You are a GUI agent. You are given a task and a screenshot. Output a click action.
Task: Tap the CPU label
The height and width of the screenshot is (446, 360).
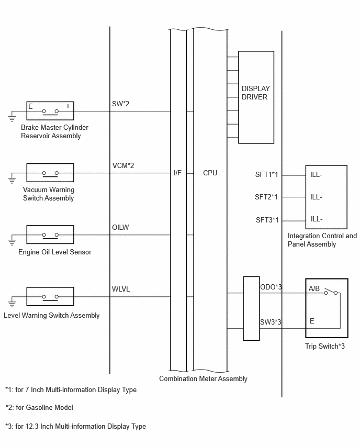210,173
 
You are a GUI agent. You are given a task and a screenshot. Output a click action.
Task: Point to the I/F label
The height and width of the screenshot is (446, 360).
177,173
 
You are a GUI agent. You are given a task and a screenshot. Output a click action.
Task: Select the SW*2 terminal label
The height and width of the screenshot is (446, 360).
120,104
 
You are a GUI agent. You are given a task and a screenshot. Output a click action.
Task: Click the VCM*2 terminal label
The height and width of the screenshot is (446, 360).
123,165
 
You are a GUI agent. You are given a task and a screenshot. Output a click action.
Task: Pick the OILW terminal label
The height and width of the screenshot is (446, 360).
120,227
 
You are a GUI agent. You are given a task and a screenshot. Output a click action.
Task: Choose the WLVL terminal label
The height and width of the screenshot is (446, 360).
121,289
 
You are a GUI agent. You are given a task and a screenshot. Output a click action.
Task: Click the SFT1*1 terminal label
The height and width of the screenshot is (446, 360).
266,174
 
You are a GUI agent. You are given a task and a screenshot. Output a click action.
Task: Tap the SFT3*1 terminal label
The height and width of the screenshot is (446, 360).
267,220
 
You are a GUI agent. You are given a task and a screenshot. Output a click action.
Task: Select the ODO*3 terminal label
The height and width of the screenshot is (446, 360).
271,287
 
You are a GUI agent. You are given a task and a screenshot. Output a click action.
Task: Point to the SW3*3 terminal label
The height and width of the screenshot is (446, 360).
271,322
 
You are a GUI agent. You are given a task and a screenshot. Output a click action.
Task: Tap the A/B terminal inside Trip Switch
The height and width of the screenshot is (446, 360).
314,289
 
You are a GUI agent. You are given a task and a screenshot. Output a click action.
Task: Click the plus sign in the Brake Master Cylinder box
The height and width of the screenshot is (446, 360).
68,106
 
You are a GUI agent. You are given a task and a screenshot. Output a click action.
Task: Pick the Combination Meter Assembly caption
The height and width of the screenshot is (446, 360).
203,378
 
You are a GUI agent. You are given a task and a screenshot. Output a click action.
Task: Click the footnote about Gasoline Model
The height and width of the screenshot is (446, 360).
39,408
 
